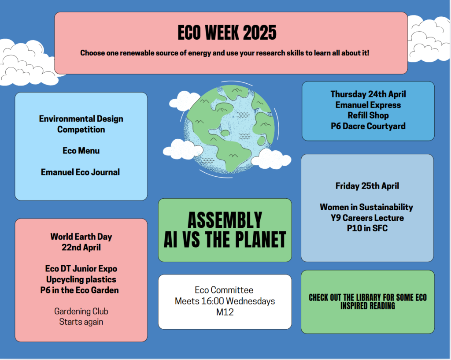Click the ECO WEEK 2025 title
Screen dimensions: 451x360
tap(227, 32)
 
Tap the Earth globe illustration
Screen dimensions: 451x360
tap(229, 130)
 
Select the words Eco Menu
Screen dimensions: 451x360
tap(81, 151)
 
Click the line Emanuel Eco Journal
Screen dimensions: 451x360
tap(80, 172)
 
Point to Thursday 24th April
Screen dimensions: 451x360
tap(368, 94)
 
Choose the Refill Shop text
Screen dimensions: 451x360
tap(368, 115)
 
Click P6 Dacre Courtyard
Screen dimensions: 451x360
tap(368, 126)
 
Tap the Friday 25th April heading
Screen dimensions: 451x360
tap(367, 186)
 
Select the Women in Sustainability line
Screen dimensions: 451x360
tap(366, 207)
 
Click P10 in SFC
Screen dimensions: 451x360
tap(367, 228)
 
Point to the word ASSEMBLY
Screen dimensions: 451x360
tap(225, 220)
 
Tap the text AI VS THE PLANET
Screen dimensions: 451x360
tap(225, 239)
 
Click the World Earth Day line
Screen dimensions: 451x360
tap(81, 237)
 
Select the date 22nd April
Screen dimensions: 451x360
tap(81, 247)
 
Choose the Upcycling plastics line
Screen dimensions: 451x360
tap(81, 279)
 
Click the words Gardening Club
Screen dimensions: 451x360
tap(81, 312)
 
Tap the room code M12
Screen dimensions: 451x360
tap(225, 312)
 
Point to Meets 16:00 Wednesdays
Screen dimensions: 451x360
tap(225, 301)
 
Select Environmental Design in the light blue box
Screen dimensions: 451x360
tap(81, 119)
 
